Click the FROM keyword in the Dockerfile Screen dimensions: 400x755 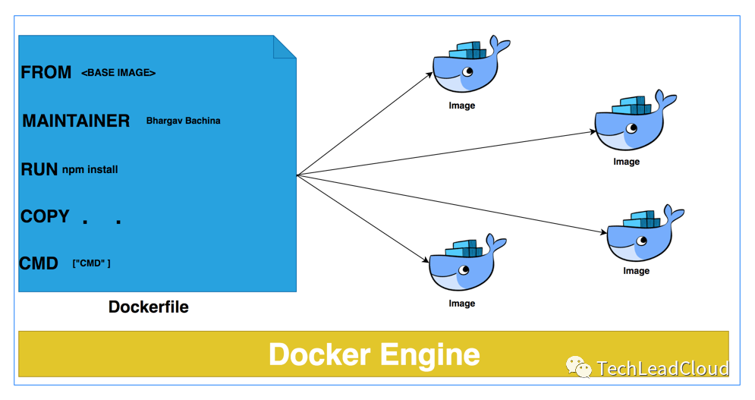[x=46, y=72]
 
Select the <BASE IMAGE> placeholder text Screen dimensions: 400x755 [x=118, y=73]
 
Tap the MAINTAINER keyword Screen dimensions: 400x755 [x=76, y=121]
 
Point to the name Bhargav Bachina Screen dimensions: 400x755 [x=183, y=121]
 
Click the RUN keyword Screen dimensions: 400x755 [x=39, y=169]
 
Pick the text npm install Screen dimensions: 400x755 [x=90, y=169]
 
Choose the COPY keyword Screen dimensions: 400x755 [x=45, y=216]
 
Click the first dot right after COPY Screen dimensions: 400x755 [x=85, y=222]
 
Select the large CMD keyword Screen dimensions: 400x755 [x=39, y=263]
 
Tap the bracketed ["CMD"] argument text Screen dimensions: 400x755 [x=91, y=263]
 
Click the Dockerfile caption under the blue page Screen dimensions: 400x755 [x=149, y=307]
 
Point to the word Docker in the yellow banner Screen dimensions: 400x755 [x=319, y=354]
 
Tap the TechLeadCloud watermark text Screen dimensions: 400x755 [x=662, y=369]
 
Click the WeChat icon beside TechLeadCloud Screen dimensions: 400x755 [x=578, y=368]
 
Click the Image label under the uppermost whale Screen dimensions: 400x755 [x=461, y=106]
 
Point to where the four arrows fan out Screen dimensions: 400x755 [x=297, y=175]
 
